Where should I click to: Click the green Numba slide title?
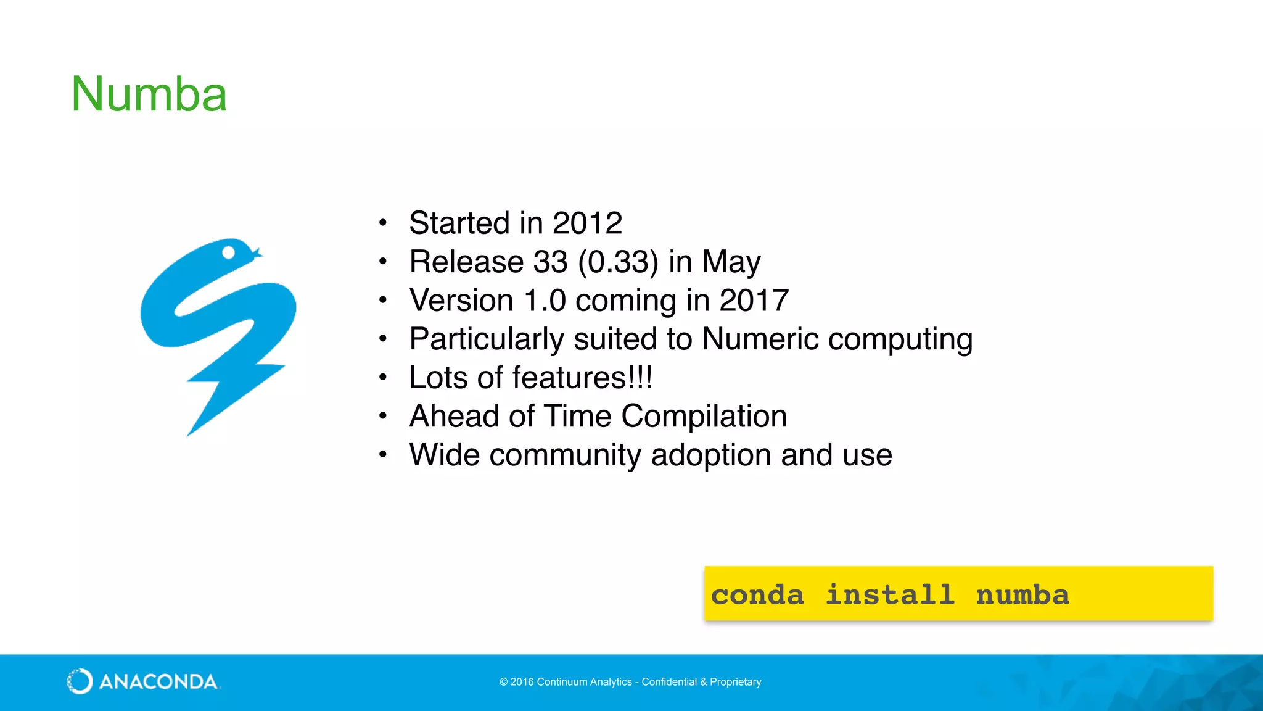[x=149, y=94]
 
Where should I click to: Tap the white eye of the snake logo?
[x=228, y=252]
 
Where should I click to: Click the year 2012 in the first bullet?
[x=587, y=223]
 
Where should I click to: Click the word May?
[x=731, y=262]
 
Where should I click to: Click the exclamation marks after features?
[x=641, y=377]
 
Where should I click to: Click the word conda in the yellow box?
[x=757, y=595]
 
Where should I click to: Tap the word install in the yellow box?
[x=890, y=595]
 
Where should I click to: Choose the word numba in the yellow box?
[x=1022, y=595]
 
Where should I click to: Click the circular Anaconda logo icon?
[x=80, y=681]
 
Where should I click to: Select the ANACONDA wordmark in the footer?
[x=158, y=682]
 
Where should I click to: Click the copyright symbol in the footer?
[x=503, y=682]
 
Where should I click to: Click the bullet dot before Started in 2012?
[x=383, y=223]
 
